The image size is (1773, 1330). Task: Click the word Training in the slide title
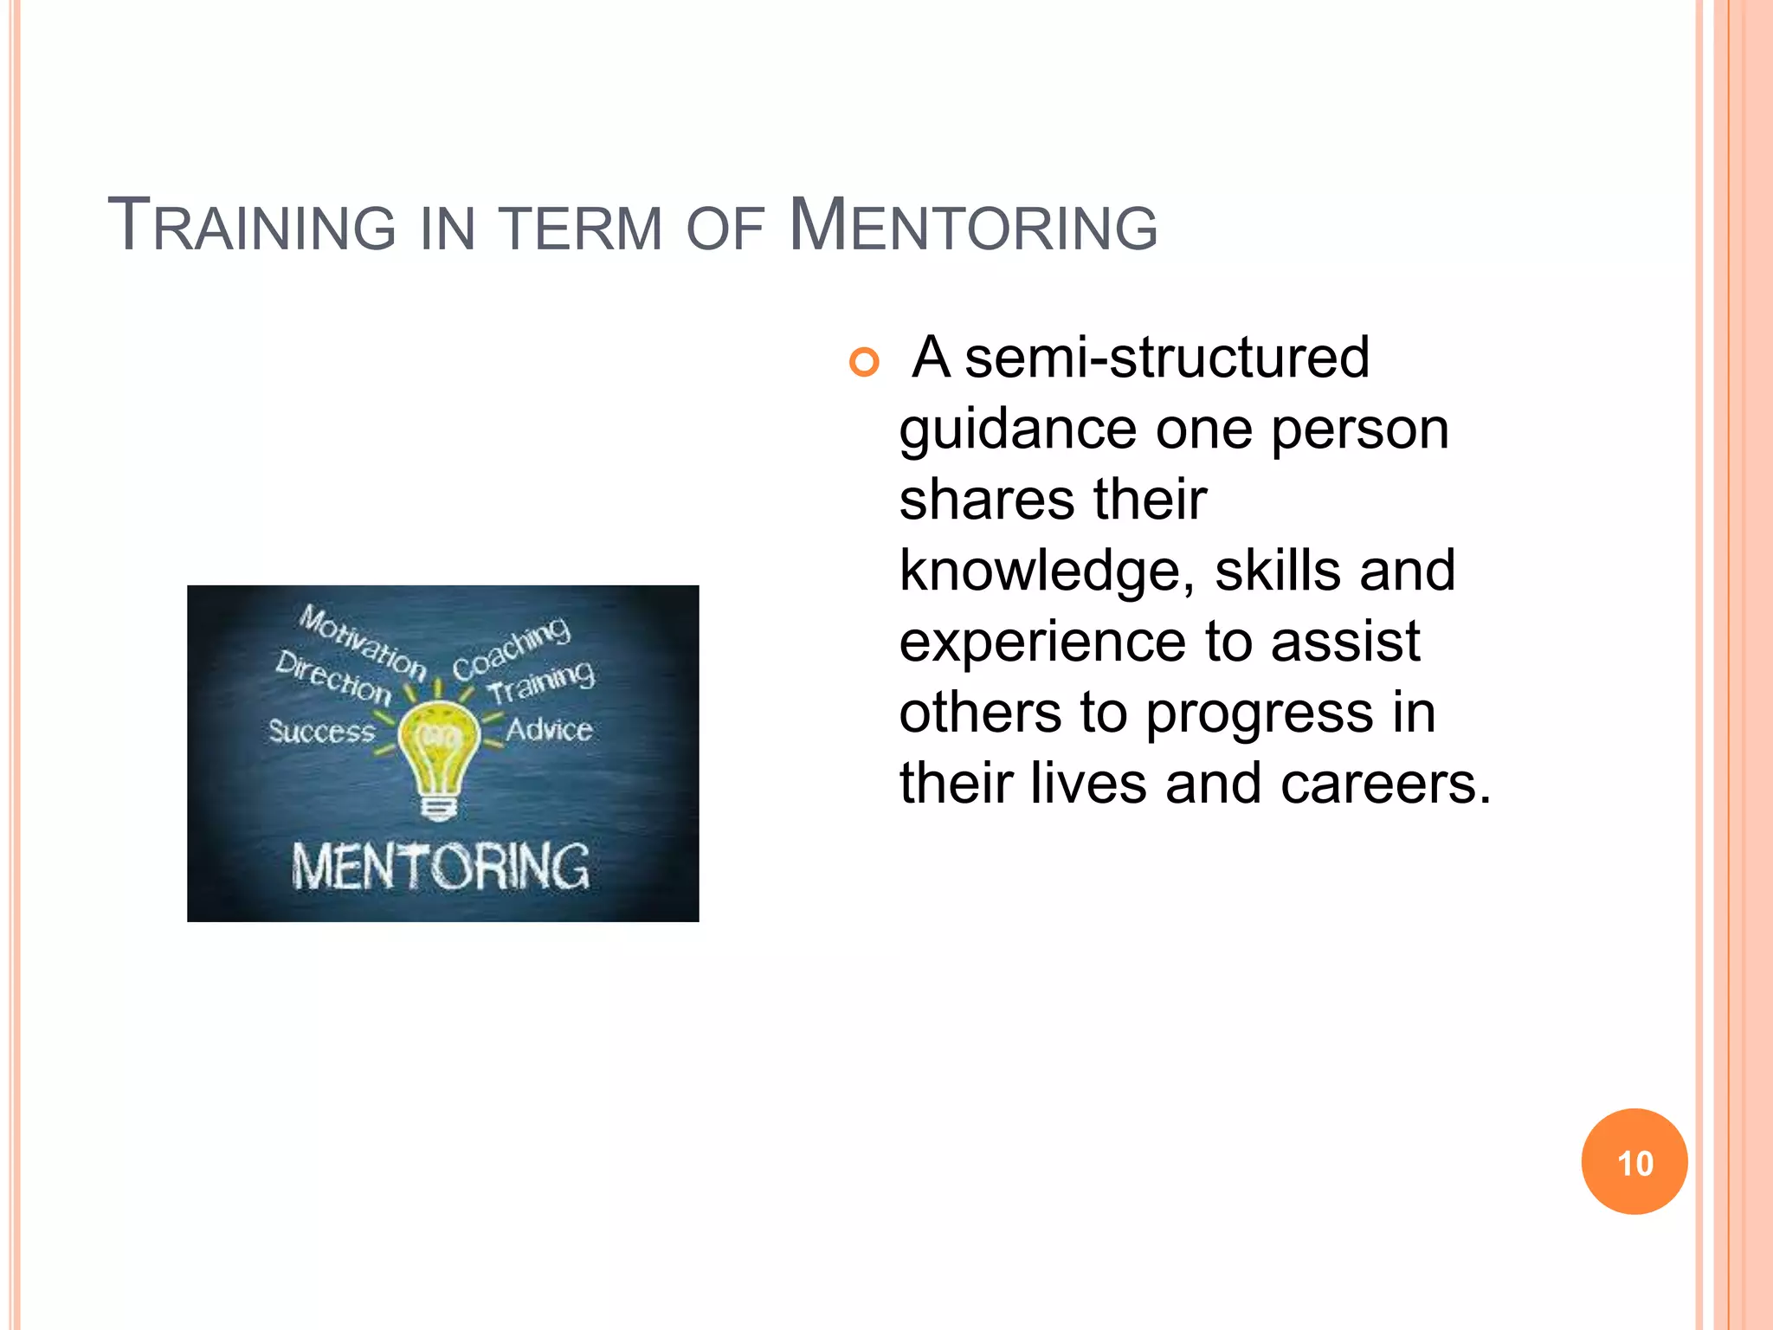[x=252, y=227]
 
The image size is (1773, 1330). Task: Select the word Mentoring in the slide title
[x=973, y=227]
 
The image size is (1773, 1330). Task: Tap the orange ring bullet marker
[x=864, y=361]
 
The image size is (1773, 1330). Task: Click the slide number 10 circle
[x=1634, y=1162]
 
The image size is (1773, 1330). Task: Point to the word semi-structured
[x=1166, y=357]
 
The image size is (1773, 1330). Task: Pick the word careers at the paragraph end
[x=1385, y=784]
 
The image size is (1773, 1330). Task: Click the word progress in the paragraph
[x=1260, y=713]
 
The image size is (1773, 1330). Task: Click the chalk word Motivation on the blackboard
[x=363, y=642]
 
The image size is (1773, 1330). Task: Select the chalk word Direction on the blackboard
[x=333, y=676]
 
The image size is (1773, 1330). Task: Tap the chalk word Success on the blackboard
[x=321, y=732]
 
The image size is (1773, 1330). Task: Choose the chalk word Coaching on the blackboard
[x=512, y=649]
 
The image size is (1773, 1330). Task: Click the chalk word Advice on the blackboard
[x=549, y=729]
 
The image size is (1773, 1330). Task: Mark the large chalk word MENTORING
[x=441, y=866]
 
